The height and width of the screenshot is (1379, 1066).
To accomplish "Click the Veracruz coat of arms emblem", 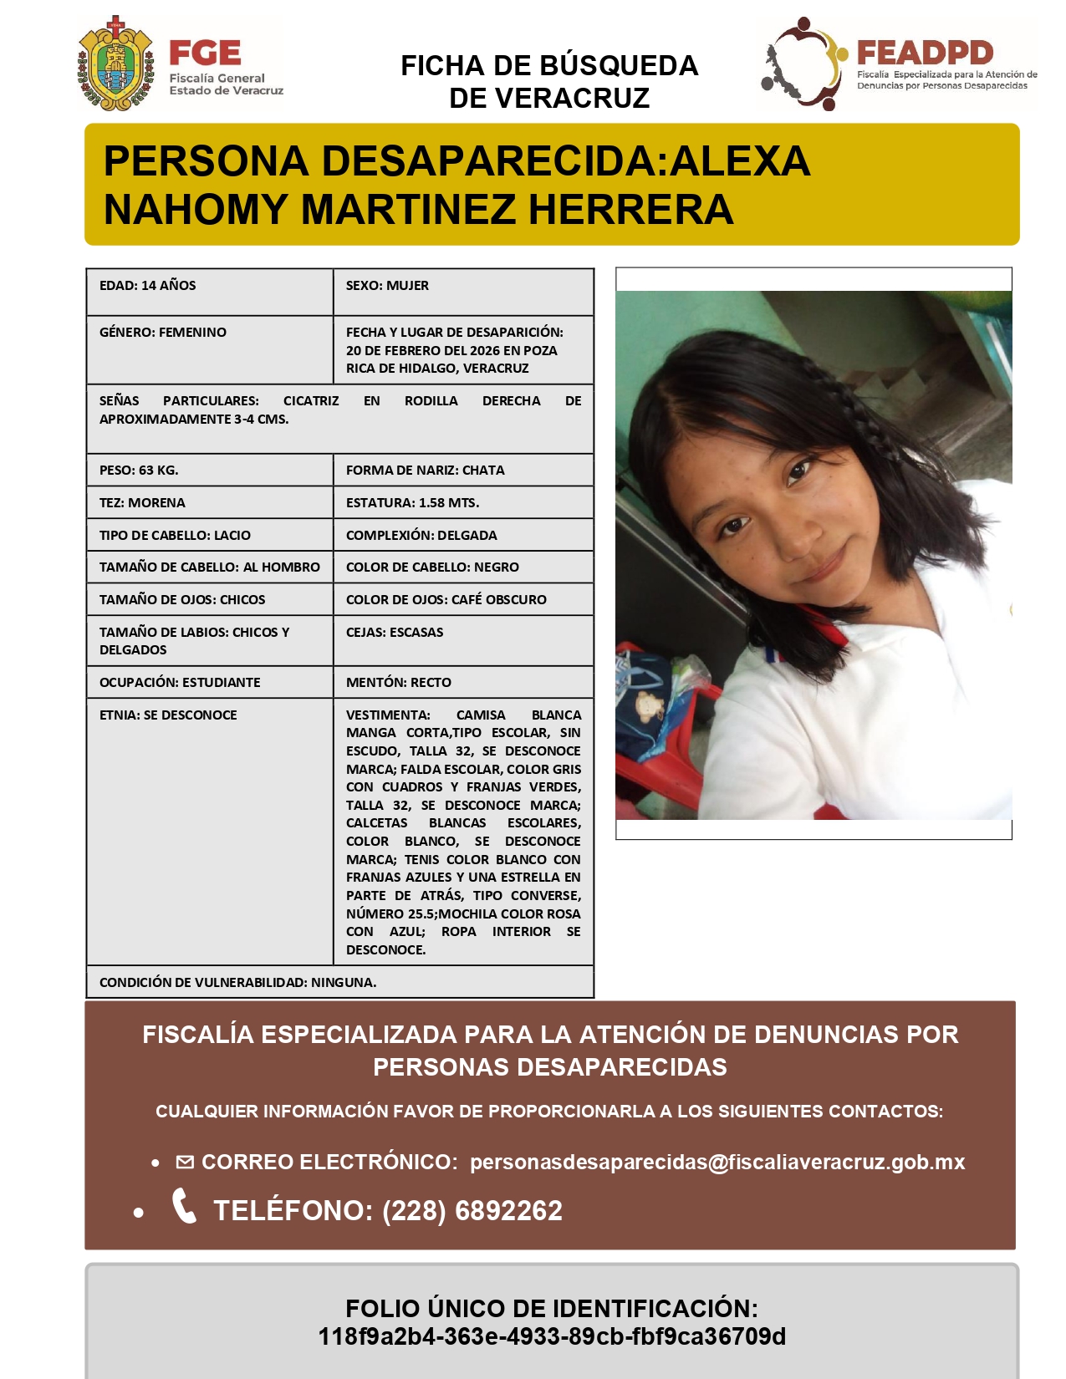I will tap(115, 64).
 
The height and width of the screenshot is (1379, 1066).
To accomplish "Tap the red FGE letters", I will tap(205, 53).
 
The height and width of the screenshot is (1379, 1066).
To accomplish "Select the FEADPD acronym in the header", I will tap(925, 53).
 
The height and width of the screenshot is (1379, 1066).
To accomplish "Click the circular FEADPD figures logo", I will tap(799, 64).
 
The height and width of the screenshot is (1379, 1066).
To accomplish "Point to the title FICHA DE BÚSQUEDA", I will tap(549, 66).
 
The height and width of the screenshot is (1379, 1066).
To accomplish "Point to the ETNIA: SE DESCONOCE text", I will tap(168, 715).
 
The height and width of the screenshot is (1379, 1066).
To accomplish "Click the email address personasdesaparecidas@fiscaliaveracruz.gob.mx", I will tap(717, 1163).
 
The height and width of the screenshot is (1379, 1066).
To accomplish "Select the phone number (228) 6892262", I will tap(472, 1211).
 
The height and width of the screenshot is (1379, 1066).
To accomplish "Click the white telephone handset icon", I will tap(184, 1206).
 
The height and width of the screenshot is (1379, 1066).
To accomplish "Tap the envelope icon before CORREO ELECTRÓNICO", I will tap(185, 1163).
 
